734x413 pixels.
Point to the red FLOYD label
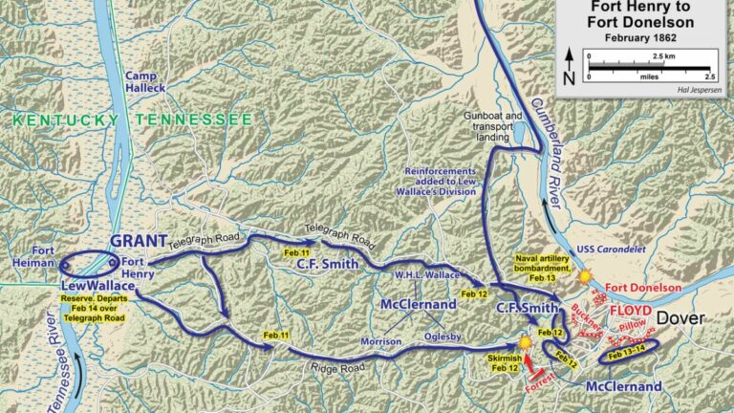(x=625, y=311)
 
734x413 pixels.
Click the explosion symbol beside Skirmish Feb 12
(x=525, y=341)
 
